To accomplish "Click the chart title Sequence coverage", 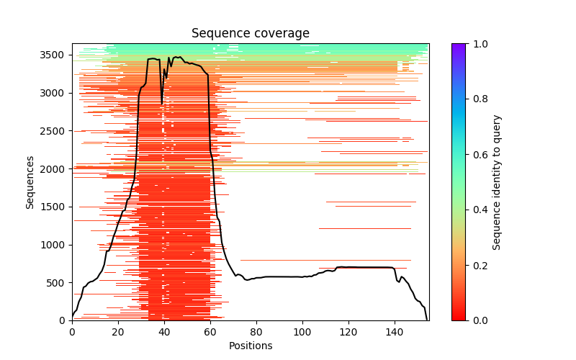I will pyautogui.click(x=250, y=33).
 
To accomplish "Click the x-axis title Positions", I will pyautogui.click(x=250, y=346).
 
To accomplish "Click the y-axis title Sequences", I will pyautogui.click(x=30, y=182).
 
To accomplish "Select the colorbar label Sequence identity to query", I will pyautogui.click(x=497, y=182).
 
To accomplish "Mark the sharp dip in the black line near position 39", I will pyautogui.click(x=162, y=104).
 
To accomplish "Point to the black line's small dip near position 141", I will pyautogui.click(x=398, y=282).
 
